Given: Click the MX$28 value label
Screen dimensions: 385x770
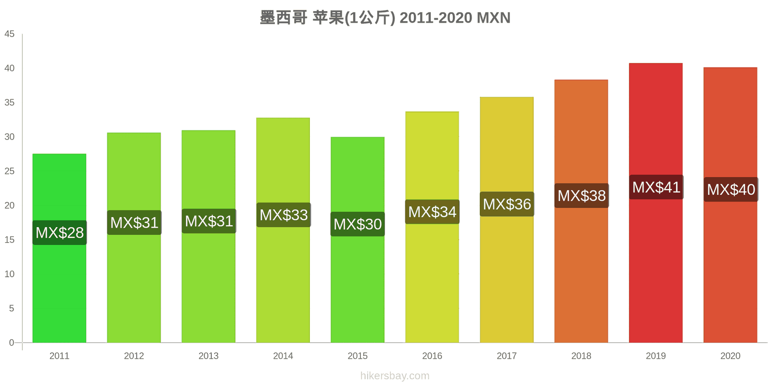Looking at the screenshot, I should pyautogui.click(x=60, y=233).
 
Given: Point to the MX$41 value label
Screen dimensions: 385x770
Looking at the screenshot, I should pyautogui.click(x=656, y=187).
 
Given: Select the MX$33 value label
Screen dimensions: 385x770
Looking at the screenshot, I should pyautogui.click(x=283, y=215).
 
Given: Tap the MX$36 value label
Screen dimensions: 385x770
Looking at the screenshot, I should pyautogui.click(x=507, y=205).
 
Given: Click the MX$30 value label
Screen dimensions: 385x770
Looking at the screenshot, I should pyautogui.click(x=358, y=224).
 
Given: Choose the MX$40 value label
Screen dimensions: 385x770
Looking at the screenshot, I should pyautogui.click(x=731, y=190).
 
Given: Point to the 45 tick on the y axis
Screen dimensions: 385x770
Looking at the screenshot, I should pyautogui.click(x=10, y=34).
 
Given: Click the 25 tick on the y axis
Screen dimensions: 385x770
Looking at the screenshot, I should pyautogui.click(x=10, y=171).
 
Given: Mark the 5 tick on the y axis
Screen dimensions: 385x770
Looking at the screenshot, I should pyautogui.click(x=12, y=308).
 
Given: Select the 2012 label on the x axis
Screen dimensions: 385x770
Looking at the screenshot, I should pyautogui.click(x=134, y=356).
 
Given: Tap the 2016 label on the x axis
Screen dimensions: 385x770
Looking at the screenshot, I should pyautogui.click(x=432, y=356).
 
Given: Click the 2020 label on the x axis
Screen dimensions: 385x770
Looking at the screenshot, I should pyautogui.click(x=730, y=356).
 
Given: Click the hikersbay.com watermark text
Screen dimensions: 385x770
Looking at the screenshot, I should pyautogui.click(x=395, y=376).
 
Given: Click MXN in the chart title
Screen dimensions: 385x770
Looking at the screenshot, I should pyautogui.click(x=493, y=18).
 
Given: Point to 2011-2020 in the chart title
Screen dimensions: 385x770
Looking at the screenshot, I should pyautogui.click(x=436, y=18).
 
